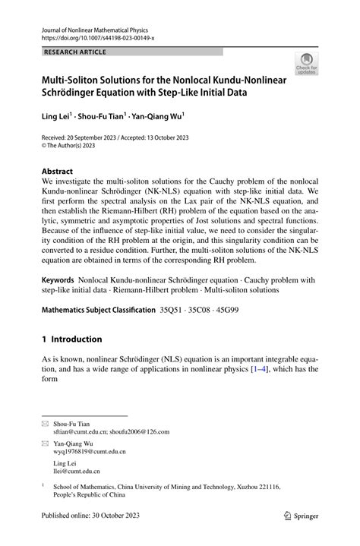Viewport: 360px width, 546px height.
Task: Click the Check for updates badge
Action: coord(306,64)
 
